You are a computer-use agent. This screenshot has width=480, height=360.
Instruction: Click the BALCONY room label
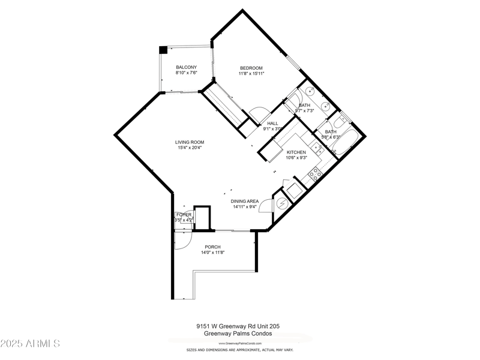click(186, 67)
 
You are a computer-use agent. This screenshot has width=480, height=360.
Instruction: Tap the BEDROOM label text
click(251, 68)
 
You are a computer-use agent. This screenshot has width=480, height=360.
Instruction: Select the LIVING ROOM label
click(190, 142)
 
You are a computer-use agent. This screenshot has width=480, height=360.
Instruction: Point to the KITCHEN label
click(296, 152)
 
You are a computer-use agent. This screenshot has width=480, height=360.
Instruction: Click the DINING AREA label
click(245, 202)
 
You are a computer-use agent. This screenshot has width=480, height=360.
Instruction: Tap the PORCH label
click(212, 247)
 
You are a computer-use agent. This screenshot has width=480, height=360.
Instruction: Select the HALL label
click(272, 124)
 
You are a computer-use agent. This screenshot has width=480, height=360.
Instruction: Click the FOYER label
click(184, 214)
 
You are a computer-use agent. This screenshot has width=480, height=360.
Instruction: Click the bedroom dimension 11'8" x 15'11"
click(251, 74)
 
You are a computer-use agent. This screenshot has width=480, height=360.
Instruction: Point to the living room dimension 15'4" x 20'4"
click(190, 148)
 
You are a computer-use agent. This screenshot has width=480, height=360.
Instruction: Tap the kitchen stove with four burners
click(314, 175)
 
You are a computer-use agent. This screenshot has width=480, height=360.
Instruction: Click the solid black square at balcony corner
click(163, 50)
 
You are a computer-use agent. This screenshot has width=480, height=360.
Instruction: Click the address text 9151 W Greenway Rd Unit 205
click(238, 326)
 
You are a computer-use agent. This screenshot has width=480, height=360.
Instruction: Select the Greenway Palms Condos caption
click(238, 334)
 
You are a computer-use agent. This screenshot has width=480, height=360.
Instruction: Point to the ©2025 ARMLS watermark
click(31, 344)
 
